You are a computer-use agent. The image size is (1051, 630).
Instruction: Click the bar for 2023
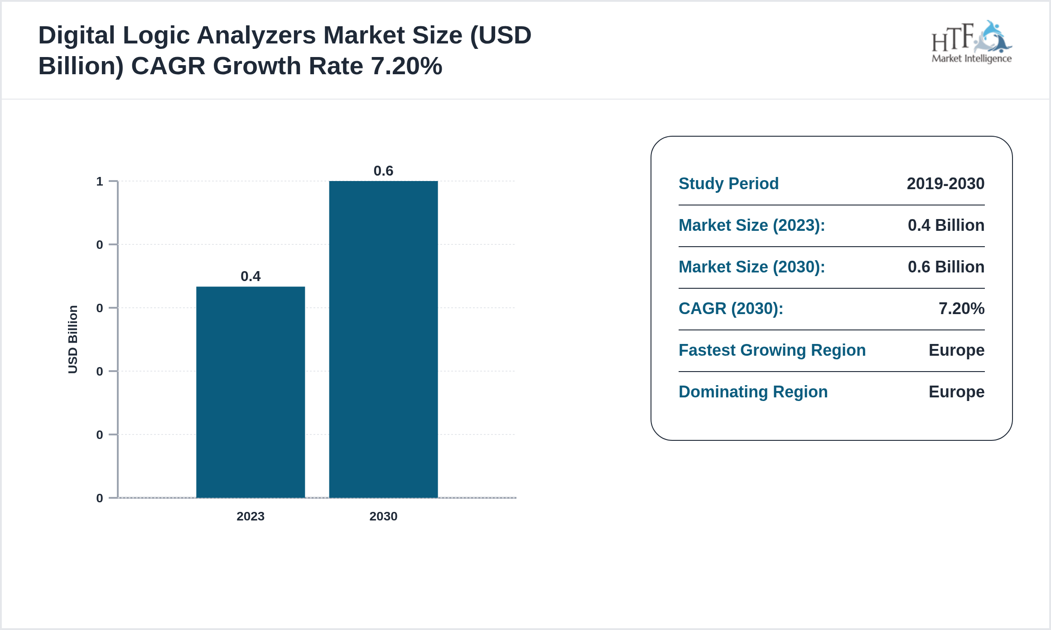(251, 392)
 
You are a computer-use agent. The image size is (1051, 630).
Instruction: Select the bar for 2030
(383, 339)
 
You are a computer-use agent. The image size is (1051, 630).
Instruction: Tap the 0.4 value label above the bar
(251, 276)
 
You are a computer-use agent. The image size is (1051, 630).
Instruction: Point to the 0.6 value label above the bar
(383, 171)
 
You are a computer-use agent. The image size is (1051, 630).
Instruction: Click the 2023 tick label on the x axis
(251, 516)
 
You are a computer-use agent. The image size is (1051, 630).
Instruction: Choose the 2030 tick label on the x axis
(383, 516)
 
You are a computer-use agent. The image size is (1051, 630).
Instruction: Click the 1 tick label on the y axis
(100, 181)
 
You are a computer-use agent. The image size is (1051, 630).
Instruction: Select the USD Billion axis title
(73, 339)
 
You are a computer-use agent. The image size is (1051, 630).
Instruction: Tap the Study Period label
(728, 183)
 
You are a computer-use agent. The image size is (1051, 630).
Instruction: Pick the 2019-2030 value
(945, 183)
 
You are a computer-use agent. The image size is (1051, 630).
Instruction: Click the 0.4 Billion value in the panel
(946, 225)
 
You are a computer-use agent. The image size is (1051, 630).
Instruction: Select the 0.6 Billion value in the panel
(946, 267)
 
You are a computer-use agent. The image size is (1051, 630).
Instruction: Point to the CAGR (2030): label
(731, 308)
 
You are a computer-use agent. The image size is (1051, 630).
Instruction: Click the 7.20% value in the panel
(961, 308)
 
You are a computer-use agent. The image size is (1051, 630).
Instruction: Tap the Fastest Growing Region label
(772, 350)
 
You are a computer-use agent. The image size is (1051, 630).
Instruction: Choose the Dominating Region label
(753, 391)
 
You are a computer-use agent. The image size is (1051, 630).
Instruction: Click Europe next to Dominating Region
(956, 391)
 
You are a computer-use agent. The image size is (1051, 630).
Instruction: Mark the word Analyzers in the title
(256, 35)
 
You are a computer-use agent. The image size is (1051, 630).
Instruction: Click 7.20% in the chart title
(406, 66)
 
